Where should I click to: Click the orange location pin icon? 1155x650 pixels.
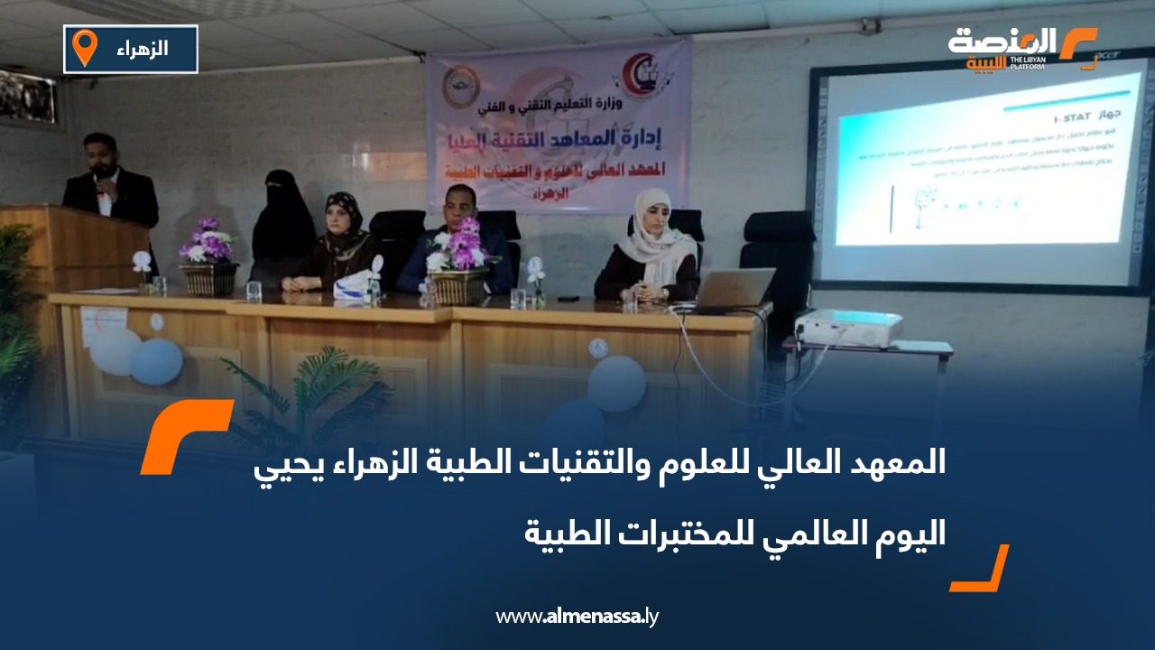coord(84,47)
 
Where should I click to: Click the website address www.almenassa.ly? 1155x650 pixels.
coord(577,617)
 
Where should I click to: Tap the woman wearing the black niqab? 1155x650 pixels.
coord(282,221)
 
